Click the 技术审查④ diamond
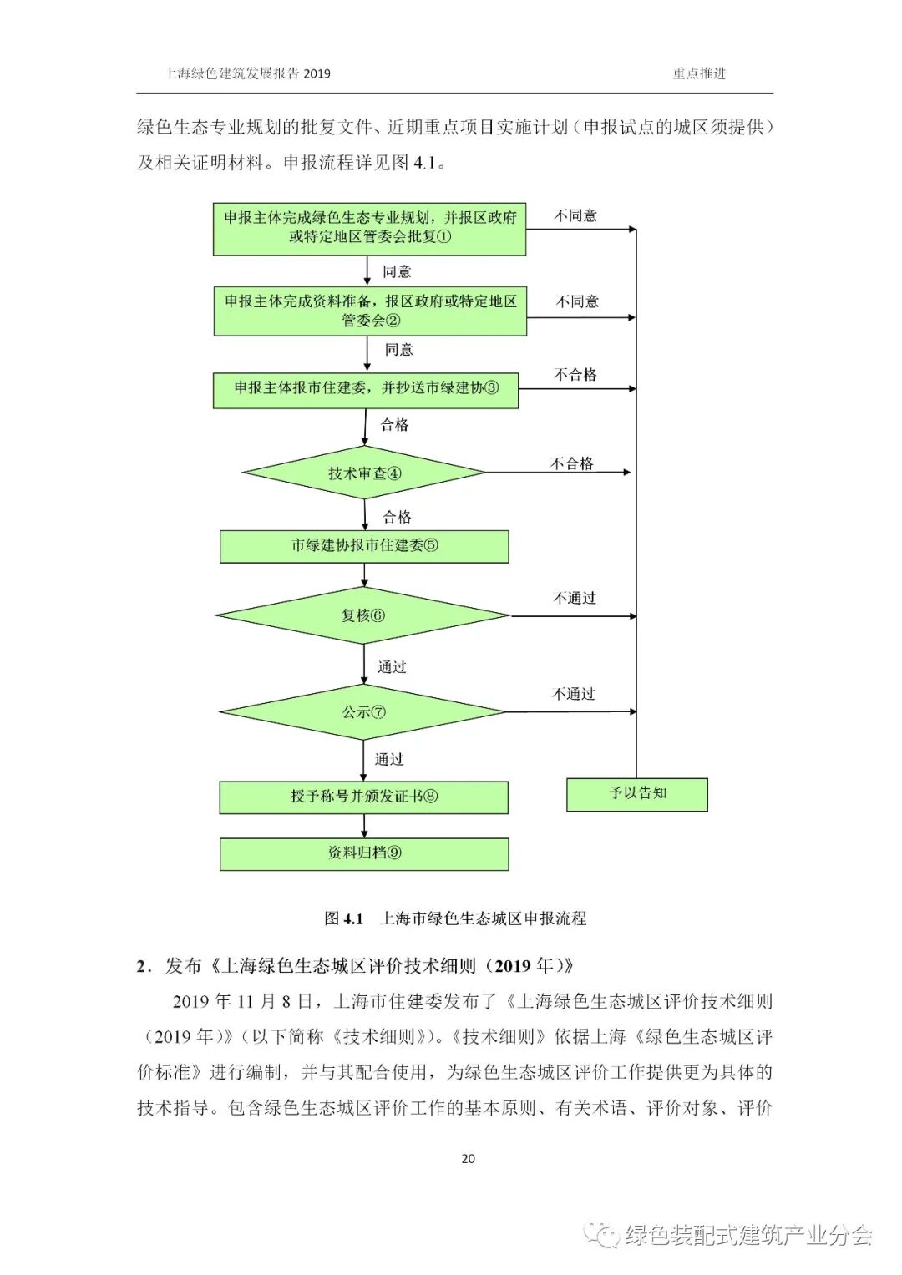pyautogui.click(x=364, y=473)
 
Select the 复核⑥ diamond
pyautogui.click(x=363, y=616)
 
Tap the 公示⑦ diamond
pyautogui.click(x=363, y=712)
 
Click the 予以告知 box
pyautogui.click(x=637, y=794)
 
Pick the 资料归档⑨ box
pyautogui.click(x=364, y=853)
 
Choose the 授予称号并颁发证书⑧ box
pyautogui.click(x=364, y=797)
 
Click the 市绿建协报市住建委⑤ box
pyautogui.click(x=364, y=546)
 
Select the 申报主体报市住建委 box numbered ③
pyautogui.click(x=366, y=388)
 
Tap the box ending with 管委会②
pyautogui.click(x=370, y=311)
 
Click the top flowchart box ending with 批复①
pyautogui.click(x=369, y=227)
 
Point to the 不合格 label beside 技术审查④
pyautogui.click(x=572, y=463)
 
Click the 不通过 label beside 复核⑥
pyautogui.click(x=575, y=598)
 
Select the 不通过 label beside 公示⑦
pyautogui.click(x=574, y=694)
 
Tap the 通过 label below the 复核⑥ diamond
pyautogui.click(x=392, y=667)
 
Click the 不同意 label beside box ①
pyautogui.click(x=576, y=215)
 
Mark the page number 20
pyautogui.click(x=468, y=1158)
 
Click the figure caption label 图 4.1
pyautogui.click(x=343, y=918)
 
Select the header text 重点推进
pyautogui.click(x=699, y=73)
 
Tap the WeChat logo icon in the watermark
pyautogui.click(x=600, y=1234)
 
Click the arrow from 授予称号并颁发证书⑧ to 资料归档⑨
pyautogui.click(x=364, y=826)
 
